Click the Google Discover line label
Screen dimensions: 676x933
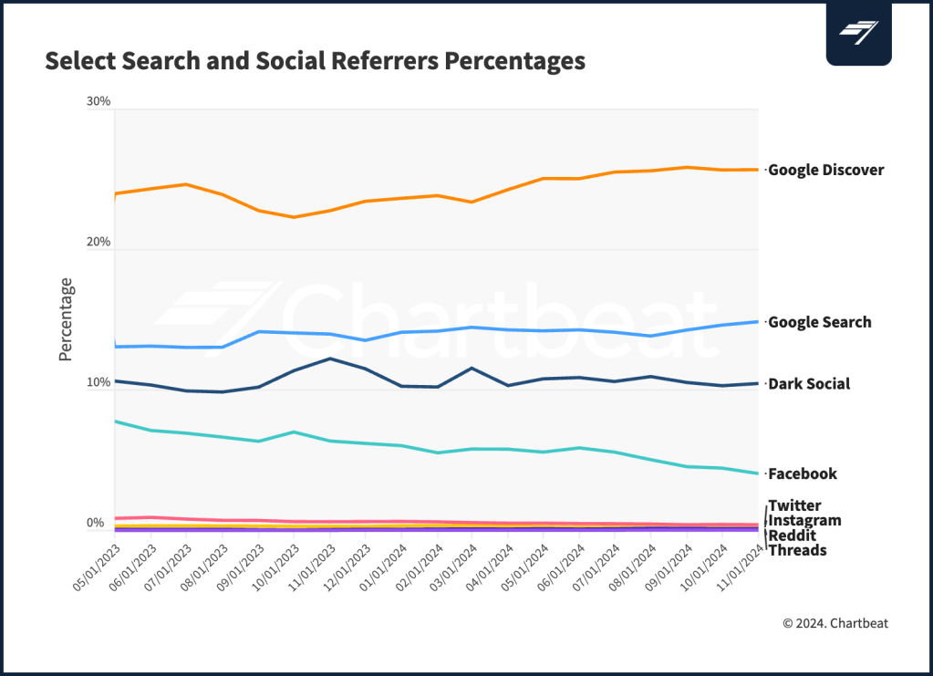pos(825,170)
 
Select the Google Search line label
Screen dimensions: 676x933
pos(819,322)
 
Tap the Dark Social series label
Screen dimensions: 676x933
pos(808,384)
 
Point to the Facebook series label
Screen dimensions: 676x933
pos(802,473)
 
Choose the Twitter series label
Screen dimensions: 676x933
pos(794,505)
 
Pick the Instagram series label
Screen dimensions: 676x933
pos(804,520)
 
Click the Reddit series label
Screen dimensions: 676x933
pos(792,536)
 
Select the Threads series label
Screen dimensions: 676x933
pos(797,550)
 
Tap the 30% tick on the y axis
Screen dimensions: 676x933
pos(98,101)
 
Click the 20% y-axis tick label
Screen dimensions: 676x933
pos(98,242)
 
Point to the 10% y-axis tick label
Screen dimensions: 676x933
pos(98,382)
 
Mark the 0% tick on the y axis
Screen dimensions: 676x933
pos(95,523)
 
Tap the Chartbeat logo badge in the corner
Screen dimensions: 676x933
pos(858,33)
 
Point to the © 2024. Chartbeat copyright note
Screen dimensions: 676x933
pos(835,623)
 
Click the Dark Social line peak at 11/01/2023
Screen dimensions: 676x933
pos(330,359)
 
